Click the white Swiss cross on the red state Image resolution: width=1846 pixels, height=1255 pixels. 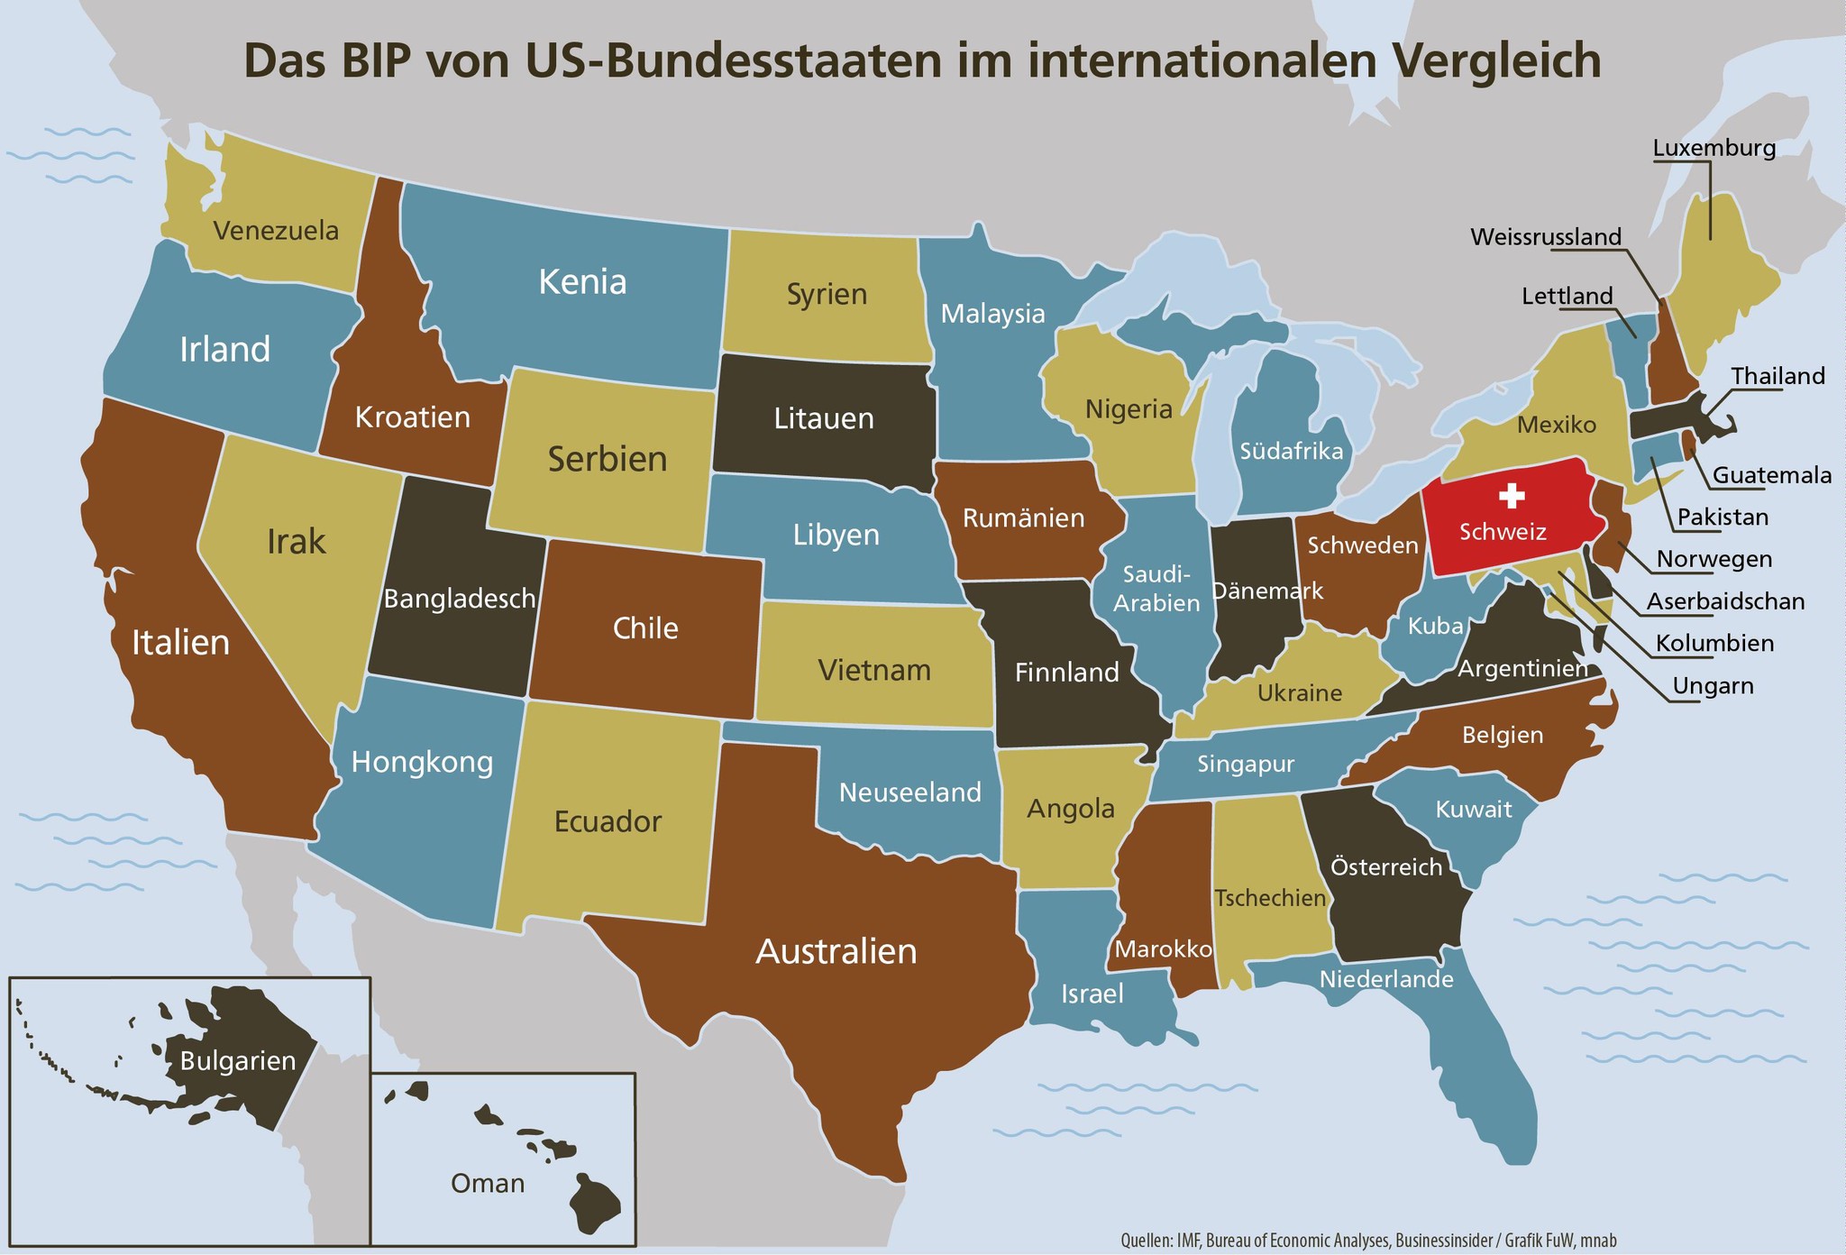pyautogui.click(x=1511, y=495)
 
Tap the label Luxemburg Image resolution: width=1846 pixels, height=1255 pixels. pyautogui.click(x=1714, y=148)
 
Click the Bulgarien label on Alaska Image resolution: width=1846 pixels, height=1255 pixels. pyautogui.click(x=238, y=1061)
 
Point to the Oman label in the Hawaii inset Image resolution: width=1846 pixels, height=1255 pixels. pyautogui.click(x=487, y=1183)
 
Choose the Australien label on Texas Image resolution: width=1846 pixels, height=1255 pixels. pyautogui.click(x=836, y=952)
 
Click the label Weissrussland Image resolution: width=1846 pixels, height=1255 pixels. pyautogui.click(x=1546, y=237)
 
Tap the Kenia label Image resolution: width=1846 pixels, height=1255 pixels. pyautogui.click(x=582, y=282)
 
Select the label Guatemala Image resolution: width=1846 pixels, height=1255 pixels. pyautogui.click(x=1771, y=475)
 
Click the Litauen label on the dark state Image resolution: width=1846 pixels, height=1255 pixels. pyautogui.click(x=824, y=419)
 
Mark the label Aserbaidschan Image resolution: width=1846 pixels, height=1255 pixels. pyautogui.click(x=1725, y=601)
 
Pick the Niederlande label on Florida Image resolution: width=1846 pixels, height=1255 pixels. pyautogui.click(x=1386, y=979)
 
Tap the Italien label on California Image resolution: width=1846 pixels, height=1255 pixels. pyautogui.click(x=180, y=643)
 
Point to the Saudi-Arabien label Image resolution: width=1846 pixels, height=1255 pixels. pyautogui.click(x=1156, y=589)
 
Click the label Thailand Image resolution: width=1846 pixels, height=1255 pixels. pyautogui.click(x=1777, y=376)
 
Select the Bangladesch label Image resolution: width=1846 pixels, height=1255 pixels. pyautogui.click(x=460, y=599)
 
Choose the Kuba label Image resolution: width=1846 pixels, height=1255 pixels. pyautogui.click(x=1435, y=626)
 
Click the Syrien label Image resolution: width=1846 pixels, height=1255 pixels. pyautogui.click(x=827, y=295)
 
